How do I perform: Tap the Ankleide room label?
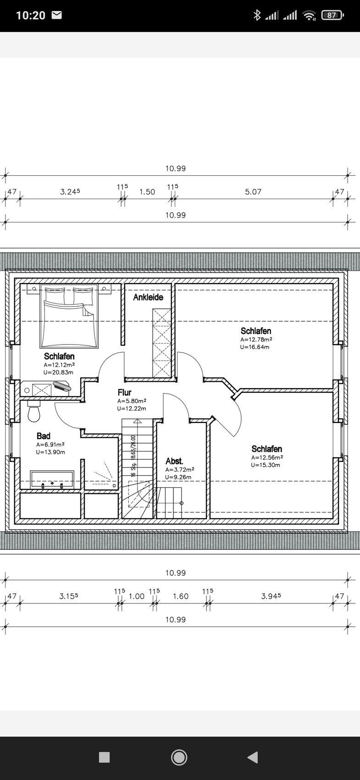coord(148,297)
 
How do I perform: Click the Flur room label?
coord(124,392)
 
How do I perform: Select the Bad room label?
coord(44,436)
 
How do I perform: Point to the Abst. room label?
coord(174,461)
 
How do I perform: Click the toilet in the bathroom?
coord(34,411)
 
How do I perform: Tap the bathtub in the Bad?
coord(52,479)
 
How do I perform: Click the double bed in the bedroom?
coord(69,316)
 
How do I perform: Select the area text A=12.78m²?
coord(256,340)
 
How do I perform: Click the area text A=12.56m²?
coord(267,457)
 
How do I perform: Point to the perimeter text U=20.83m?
coord(59,372)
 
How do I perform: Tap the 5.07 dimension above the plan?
coord(253,192)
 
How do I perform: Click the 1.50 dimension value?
coord(147,192)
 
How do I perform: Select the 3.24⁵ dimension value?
coord(70,191)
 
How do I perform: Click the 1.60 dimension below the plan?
coord(181,596)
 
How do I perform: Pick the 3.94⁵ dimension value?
coord(271,596)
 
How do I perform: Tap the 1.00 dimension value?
coord(137,596)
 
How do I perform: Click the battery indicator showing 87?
coord(332,15)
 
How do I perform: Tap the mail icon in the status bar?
coord(56,15)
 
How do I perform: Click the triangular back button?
coord(253,757)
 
